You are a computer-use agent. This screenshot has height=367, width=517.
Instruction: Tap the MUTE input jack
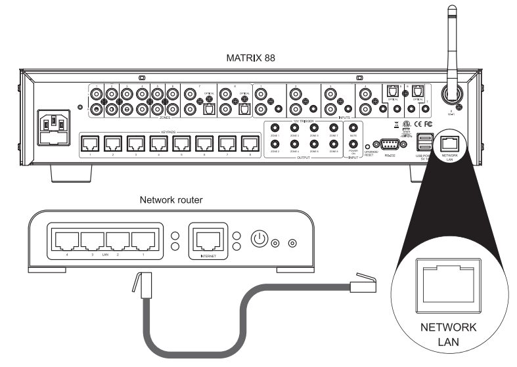point(353,128)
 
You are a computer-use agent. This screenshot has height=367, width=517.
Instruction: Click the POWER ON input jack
point(353,145)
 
